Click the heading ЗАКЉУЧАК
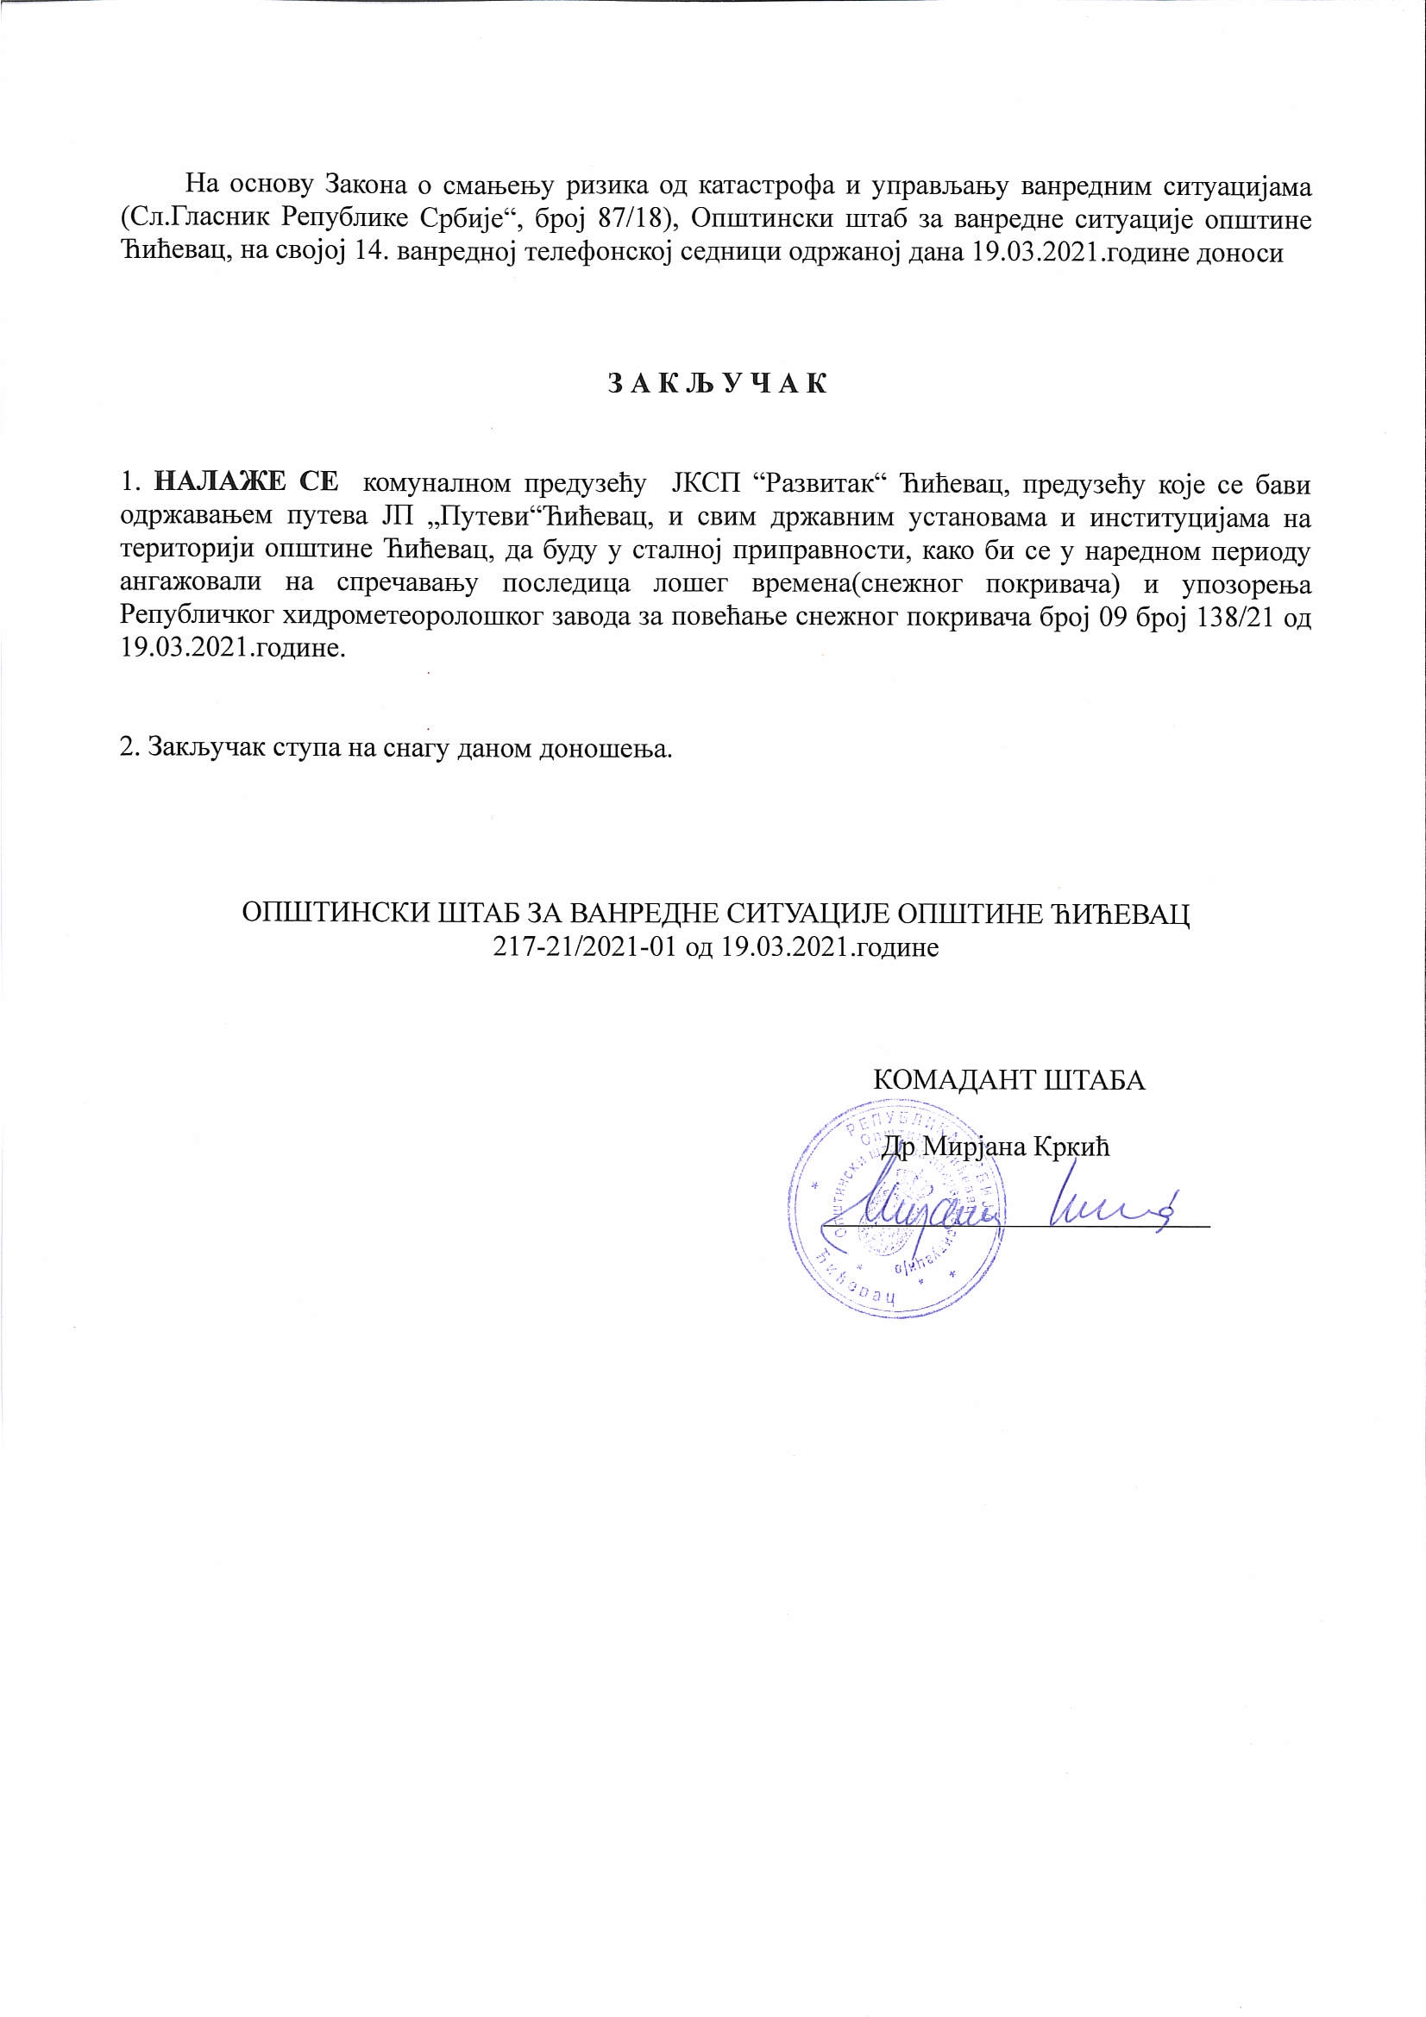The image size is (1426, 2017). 717,385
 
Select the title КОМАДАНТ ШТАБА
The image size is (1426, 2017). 1008,1079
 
